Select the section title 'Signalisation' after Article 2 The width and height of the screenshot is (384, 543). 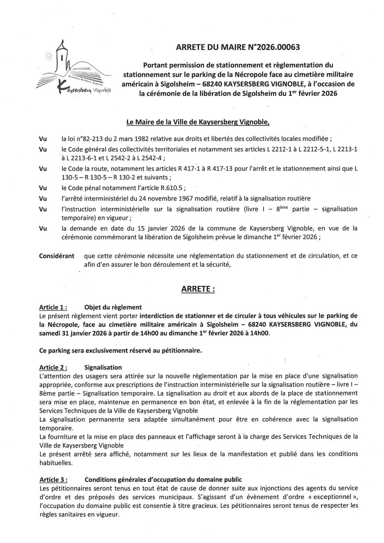click(103, 367)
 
